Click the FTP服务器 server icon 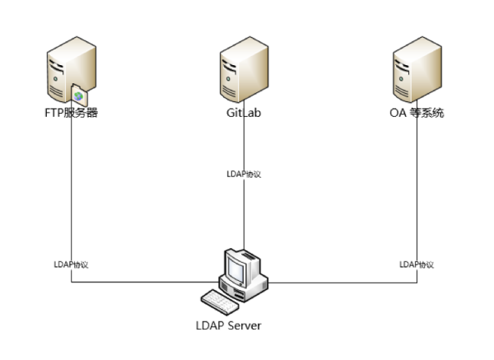(x=68, y=73)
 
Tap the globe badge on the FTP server (x=80, y=96)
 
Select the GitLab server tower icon (x=244, y=73)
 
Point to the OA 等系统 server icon (x=417, y=73)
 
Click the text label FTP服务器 (x=72, y=113)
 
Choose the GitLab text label (x=244, y=113)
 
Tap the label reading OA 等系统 (x=417, y=113)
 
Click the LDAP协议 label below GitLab (x=244, y=174)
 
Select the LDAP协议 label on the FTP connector (x=71, y=264)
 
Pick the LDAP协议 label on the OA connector (x=417, y=264)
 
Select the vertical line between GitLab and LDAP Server (x=244, y=214)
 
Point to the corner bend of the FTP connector (x=71, y=283)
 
